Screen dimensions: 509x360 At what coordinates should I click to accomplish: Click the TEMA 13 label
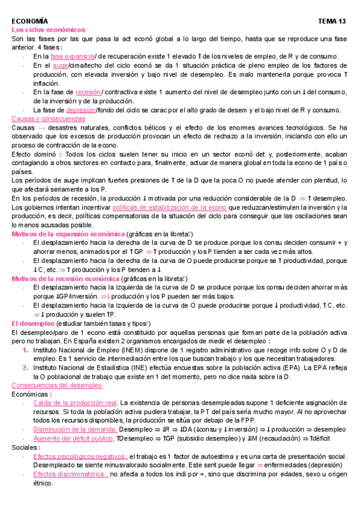(x=332, y=21)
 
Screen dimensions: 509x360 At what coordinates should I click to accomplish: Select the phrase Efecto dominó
(x=35, y=154)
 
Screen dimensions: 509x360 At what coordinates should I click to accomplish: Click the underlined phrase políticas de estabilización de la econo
(x=170, y=207)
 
